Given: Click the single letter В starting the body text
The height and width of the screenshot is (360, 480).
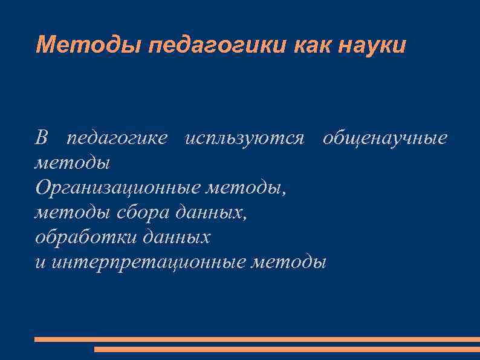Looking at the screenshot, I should (x=41, y=139).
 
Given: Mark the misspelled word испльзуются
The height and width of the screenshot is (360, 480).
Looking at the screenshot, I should (x=244, y=139).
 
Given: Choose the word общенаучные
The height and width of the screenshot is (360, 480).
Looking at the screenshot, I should (x=385, y=139).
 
